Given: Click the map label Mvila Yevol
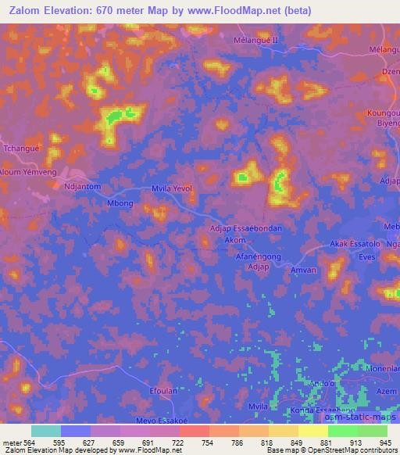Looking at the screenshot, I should (x=171, y=188).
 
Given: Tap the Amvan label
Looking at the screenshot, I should (x=302, y=270).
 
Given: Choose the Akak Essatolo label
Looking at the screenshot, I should (x=354, y=244).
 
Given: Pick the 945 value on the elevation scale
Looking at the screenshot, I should (x=383, y=442).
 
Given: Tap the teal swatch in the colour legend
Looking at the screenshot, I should (x=46, y=431).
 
